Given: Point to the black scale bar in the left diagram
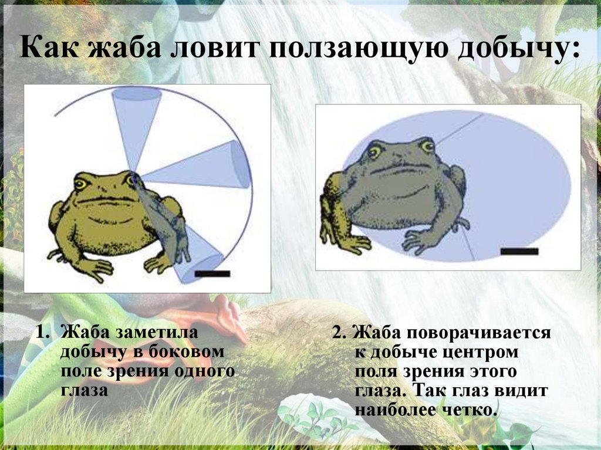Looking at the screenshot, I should tap(212, 273).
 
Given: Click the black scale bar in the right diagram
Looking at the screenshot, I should tap(519, 251).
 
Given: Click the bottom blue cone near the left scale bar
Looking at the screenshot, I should tap(197, 261).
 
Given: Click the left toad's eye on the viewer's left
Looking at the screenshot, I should tap(80, 184).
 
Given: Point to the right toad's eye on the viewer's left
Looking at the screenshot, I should tap(374, 152).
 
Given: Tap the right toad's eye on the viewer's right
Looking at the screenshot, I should tap(427, 146).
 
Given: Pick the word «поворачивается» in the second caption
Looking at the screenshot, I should tap(483, 333).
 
